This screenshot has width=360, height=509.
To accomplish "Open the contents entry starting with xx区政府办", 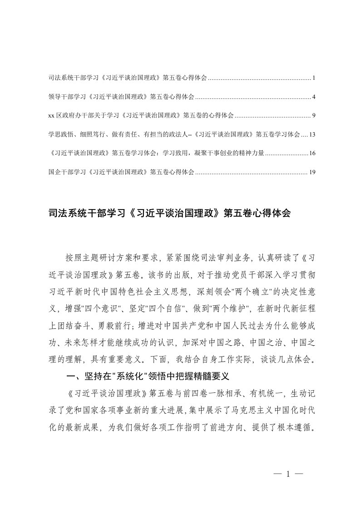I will pyautogui.click(x=140, y=116).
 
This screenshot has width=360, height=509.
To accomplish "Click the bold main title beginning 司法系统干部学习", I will pyautogui.click(x=168, y=213).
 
